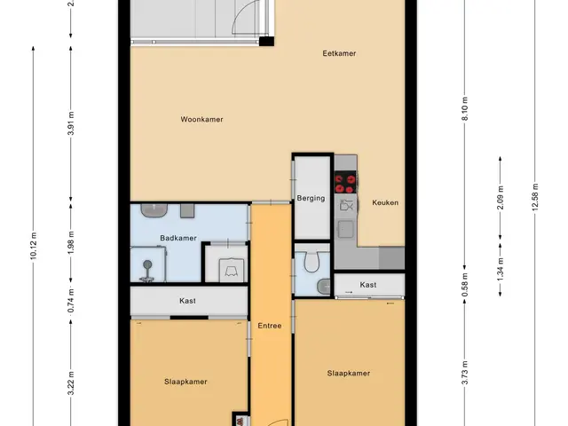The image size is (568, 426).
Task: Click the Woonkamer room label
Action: [x=201, y=119]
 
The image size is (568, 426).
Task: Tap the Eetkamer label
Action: [x=339, y=53]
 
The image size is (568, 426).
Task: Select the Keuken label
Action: [x=385, y=202]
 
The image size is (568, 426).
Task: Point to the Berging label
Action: [x=311, y=198]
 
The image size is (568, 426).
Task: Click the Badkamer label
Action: [x=178, y=238]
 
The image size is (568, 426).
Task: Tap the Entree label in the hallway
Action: [x=270, y=326]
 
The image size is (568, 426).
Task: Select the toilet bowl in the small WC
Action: [x=312, y=262]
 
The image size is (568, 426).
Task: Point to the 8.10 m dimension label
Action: [x=465, y=108]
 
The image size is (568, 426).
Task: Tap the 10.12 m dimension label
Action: [x=34, y=246]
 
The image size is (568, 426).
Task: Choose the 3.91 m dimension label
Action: [x=71, y=123]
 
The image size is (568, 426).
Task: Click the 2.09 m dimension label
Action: [x=501, y=197]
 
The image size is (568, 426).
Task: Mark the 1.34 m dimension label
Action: [x=501, y=269]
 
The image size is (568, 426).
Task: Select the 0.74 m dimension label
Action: [x=71, y=301]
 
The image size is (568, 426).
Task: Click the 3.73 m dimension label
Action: [x=465, y=373]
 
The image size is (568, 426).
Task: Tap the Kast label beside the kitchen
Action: [x=368, y=285]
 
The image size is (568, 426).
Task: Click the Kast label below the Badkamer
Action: [x=187, y=301]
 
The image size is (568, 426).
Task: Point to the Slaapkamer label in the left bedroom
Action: [x=185, y=382]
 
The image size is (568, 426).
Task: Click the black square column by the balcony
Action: [x=266, y=41]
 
